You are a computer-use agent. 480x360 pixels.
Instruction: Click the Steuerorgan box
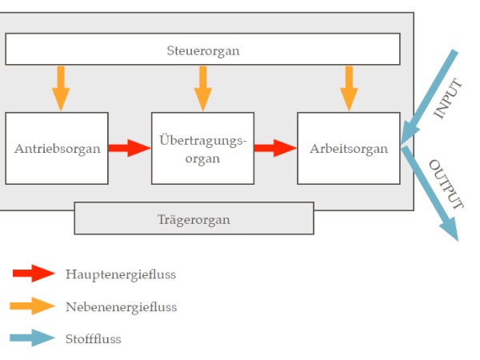click(202, 50)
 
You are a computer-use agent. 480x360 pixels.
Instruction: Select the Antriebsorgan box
click(57, 148)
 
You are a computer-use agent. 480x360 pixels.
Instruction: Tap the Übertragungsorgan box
click(202, 148)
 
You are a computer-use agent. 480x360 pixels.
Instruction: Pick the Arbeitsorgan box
click(348, 148)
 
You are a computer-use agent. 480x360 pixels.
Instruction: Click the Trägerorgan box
click(194, 218)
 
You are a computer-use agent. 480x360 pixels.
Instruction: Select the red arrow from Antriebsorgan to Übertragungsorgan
click(130, 148)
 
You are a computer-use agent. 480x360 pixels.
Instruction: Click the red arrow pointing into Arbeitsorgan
click(275, 148)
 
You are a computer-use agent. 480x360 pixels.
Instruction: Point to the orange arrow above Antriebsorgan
click(61, 88)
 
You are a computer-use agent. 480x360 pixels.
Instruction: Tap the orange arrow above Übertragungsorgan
click(203, 88)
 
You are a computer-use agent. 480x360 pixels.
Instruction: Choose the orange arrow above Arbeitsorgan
click(349, 88)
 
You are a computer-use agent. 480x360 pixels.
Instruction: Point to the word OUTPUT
click(446, 184)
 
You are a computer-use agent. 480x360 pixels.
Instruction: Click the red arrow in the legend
click(34, 274)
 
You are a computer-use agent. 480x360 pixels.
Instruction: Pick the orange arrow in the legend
click(34, 306)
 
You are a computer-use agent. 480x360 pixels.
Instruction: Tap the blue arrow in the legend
click(34, 338)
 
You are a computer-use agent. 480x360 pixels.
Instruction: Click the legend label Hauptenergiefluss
click(121, 274)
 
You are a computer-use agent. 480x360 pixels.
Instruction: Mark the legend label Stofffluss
click(93, 338)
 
